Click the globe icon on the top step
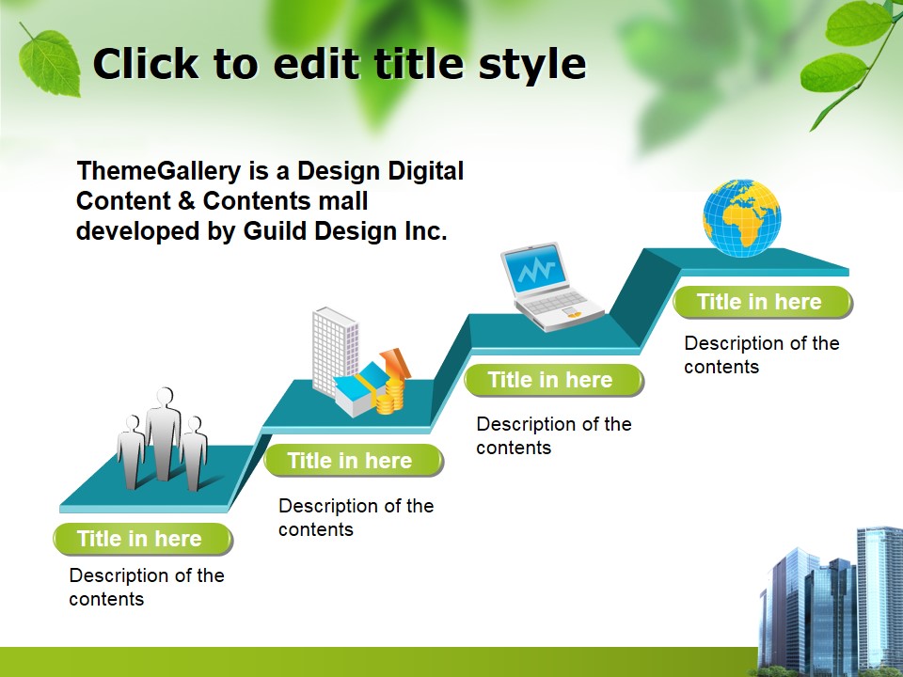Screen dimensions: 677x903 [742, 218]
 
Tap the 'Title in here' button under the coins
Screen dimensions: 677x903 [352, 460]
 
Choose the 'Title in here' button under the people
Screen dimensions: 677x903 [141, 539]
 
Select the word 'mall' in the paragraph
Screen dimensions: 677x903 [342, 201]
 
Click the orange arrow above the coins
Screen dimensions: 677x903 [396, 362]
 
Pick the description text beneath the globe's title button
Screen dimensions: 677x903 [760, 354]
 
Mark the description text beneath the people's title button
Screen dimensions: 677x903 [146, 587]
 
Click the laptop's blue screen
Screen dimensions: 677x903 [535, 272]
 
